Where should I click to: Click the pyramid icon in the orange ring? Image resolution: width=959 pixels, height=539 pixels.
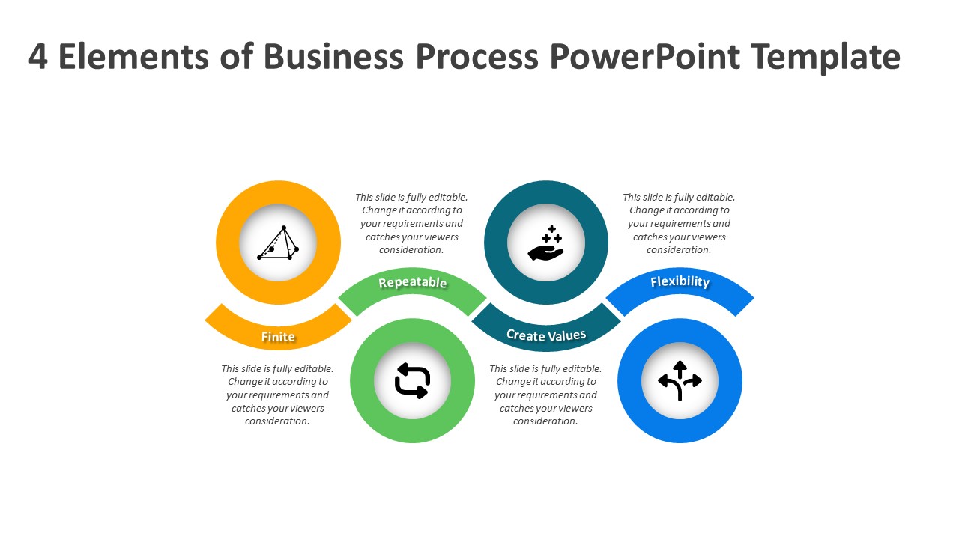tap(278, 243)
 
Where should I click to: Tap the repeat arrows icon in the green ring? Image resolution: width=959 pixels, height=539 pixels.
tap(412, 381)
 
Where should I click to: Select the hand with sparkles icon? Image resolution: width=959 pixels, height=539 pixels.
tap(546, 243)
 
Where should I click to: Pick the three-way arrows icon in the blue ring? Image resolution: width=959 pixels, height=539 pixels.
tap(680, 381)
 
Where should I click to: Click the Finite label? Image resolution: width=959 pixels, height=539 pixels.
tap(278, 337)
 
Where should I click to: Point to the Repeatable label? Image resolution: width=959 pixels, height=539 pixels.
tap(412, 283)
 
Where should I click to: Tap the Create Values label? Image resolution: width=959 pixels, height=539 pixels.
tap(546, 335)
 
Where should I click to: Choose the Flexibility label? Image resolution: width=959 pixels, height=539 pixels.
tap(680, 282)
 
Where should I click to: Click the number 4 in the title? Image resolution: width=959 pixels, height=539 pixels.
tap(38, 57)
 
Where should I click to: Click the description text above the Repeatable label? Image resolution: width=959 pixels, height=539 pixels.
tap(411, 223)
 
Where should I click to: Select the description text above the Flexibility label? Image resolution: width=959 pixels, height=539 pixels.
tap(679, 223)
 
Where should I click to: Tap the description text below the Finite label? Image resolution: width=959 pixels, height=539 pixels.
tap(277, 395)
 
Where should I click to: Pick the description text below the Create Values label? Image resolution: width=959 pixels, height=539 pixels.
tap(545, 395)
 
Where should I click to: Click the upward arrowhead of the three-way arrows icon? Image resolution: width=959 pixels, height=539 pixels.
tap(680, 365)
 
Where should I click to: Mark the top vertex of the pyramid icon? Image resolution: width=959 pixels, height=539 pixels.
tap(284, 228)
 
